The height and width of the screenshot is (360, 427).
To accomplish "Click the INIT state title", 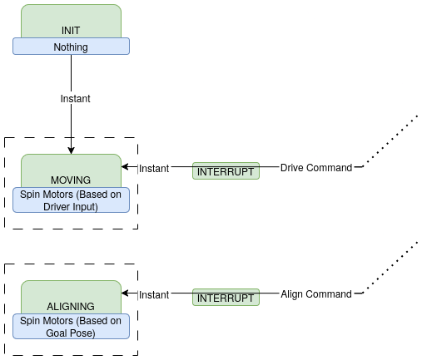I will point(71,30).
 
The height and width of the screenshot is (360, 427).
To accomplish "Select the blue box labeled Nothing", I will point(71,47).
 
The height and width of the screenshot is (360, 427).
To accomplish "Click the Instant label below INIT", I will point(75,99).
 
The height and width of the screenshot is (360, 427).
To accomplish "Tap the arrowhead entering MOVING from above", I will point(71,150).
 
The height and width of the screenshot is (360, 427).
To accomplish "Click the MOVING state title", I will point(71,180).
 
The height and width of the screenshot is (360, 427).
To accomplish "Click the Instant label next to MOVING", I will point(154,168).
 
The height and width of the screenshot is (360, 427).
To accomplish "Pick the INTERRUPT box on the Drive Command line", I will point(226,170).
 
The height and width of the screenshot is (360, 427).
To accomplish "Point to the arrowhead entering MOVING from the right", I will point(125,168).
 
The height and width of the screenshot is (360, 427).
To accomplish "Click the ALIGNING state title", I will point(71,307).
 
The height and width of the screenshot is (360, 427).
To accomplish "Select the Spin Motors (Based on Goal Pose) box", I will point(71,327).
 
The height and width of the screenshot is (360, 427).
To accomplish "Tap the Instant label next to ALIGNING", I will point(154,294).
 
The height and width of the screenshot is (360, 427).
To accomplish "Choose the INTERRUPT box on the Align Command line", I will point(226,297).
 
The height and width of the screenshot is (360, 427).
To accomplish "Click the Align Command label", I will point(316,294).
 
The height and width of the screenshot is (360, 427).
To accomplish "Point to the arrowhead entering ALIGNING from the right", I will point(125,294).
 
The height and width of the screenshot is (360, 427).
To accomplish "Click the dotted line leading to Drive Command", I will point(391,141).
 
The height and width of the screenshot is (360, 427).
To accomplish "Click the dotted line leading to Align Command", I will point(391,267).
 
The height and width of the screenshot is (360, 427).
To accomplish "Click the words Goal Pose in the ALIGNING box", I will point(71,333).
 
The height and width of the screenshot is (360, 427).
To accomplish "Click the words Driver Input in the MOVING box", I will point(71,207).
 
